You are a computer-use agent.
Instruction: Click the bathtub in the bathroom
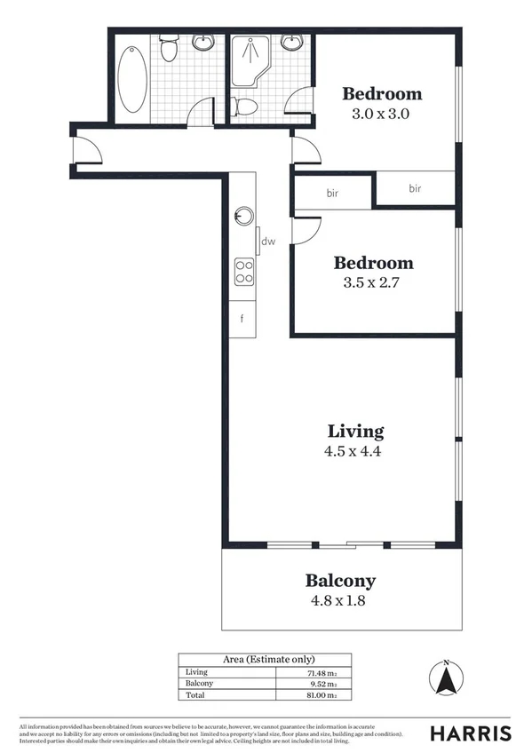click(131, 79)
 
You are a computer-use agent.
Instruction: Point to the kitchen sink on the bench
click(243, 216)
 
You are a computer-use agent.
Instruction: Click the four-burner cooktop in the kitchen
click(243, 272)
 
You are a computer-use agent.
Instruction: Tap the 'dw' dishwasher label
click(267, 241)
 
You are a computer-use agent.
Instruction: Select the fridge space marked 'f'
click(242, 317)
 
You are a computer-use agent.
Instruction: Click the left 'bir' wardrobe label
click(333, 193)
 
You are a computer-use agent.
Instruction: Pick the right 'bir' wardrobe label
click(415, 188)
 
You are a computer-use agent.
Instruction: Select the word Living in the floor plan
click(355, 432)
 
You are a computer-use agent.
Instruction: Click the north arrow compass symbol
click(449, 682)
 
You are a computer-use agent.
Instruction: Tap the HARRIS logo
click(470, 733)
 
